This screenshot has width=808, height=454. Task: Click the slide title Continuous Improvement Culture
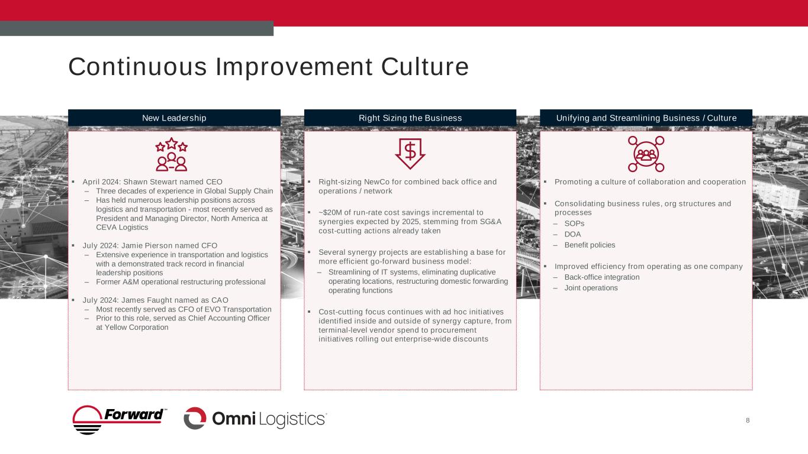point(268,67)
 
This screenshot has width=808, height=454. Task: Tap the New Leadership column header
point(174,118)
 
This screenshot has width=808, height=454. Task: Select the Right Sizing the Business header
point(410,118)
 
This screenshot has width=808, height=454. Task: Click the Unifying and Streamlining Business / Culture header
point(646,118)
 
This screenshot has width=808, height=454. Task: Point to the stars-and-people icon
point(171,154)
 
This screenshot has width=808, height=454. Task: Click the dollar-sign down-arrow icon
point(410,154)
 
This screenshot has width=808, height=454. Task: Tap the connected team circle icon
point(646,154)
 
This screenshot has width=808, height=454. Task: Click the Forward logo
point(120,420)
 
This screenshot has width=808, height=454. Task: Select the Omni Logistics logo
point(255,419)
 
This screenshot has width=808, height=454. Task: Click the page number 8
point(748,420)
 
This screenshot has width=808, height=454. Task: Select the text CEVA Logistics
point(122,228)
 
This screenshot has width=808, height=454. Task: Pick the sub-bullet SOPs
point(574,223)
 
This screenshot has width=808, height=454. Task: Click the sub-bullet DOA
point(573,234)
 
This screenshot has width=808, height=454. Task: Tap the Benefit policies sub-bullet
point(590,245)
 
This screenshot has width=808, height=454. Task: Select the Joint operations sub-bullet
point(591,288)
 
